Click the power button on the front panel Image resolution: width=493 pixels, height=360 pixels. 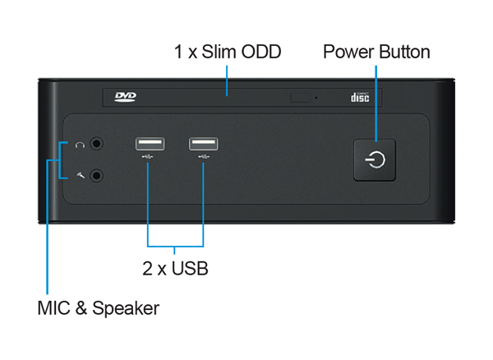click(x=376, y=159)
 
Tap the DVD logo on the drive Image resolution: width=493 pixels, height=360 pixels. click(x=125, y=97)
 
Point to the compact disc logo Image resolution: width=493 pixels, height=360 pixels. click(x=359, y=98)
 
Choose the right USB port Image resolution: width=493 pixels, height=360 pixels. click(x=203, y=144)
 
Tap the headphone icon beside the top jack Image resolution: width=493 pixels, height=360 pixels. click(x=80, y=145)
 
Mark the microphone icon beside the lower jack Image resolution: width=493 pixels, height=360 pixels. click(x=80, y=174)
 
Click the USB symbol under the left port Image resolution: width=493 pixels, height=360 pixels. click(x=149, y=157)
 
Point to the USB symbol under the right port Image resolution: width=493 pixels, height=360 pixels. click(x=203, y=157)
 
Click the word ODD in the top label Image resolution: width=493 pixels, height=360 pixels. click(x=262, y=53)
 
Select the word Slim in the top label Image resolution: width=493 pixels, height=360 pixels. click(x=219, y=53)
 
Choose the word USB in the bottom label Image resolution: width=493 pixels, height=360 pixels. click(x=190, y=269)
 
